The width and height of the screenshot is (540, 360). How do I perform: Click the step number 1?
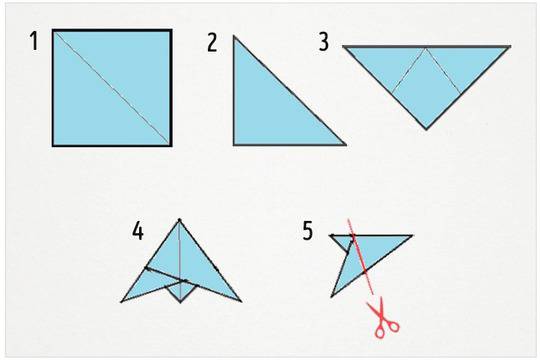(34, 41)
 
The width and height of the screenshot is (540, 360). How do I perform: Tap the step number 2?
(212, 43)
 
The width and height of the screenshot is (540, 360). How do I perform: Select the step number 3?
(323, 42)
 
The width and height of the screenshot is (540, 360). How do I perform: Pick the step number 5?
(308, 230)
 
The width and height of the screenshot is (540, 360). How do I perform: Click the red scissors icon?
(384, 318)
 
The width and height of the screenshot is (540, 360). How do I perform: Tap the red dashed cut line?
(360, 257)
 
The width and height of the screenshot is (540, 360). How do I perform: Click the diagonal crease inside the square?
(112, 88)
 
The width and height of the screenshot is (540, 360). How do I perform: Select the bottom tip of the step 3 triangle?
(426, 130)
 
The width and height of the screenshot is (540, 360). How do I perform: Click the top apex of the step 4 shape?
(179, 219)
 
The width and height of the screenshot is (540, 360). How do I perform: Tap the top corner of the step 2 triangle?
(234, 36)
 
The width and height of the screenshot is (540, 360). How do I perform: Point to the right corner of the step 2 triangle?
(345, 145)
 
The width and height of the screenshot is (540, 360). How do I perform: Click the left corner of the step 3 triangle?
(344, 46)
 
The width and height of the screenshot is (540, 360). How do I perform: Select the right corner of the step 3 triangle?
(510, 46)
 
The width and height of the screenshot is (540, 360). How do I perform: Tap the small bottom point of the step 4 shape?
(180, 302)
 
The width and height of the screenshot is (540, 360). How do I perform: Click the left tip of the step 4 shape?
(121, 302)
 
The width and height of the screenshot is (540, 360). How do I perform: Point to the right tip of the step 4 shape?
(241, 301)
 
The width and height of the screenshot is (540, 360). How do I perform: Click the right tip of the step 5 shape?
(412, 236)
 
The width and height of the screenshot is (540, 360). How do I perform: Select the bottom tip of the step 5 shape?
(331, 297)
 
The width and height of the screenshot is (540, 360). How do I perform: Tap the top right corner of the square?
(171, 30)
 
